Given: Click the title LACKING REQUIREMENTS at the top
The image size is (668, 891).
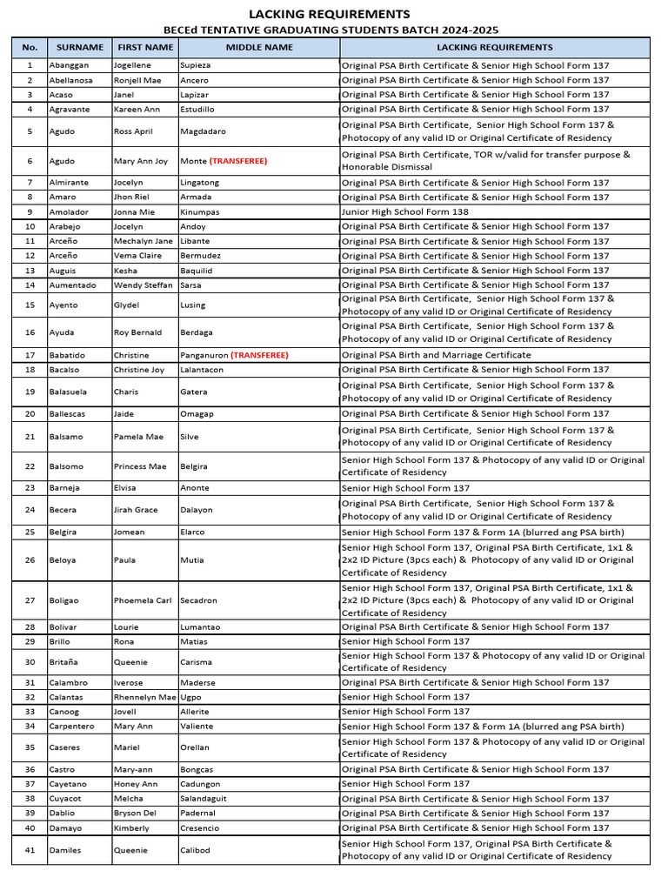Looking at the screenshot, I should (x=330, y=14).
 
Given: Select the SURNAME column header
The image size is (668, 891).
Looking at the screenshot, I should (x=80, y=47).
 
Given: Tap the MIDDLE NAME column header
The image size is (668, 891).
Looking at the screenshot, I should (x=259, y=47).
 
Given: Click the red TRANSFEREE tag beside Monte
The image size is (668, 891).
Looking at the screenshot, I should (x=238, y=161).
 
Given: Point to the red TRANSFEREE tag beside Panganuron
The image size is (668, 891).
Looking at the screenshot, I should (x=259, y=355).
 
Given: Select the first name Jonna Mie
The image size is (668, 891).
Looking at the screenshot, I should (x=136, y=211).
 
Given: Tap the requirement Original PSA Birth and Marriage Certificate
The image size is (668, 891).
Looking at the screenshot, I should (x=436, y=355).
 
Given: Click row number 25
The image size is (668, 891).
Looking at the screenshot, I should (x=30, y=532).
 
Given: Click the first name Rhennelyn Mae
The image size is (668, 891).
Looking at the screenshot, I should (x=145, y=697).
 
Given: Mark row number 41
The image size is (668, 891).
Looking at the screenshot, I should (x=30, y=850).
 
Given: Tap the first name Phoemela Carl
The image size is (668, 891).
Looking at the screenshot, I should (x=144, y=600).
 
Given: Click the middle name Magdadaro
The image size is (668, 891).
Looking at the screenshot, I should (x=206, y=131).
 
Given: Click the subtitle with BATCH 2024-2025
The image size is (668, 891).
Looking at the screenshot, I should (x=330, y=30).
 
